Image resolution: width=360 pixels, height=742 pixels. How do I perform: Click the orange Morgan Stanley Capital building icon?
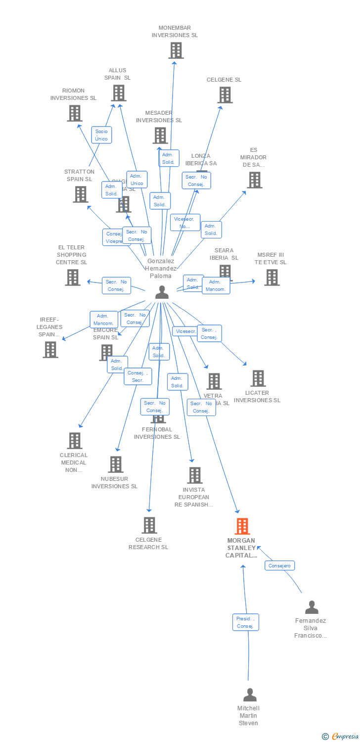coord(242,526)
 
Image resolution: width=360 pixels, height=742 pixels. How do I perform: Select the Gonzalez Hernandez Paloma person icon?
coord(162,292)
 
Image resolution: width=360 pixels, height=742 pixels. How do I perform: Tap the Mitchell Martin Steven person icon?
coord(250,695)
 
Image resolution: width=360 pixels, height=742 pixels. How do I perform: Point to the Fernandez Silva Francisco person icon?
coord(312,607)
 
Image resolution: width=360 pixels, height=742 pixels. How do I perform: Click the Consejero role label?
coord(279,565)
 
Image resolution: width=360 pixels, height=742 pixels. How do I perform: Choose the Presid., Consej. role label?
coord(246,622)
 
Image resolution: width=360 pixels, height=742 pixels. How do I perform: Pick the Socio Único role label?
coord(101,135)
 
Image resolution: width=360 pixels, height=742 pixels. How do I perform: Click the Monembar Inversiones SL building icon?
coord(176,50)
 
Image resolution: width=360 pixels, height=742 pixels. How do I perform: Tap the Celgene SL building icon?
coord(225,95)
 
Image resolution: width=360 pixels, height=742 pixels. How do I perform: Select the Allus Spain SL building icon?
coord(119,93)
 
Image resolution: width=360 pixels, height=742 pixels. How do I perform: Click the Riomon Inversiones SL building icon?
coord(74,113)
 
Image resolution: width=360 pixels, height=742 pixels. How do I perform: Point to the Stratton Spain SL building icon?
coord(81,194)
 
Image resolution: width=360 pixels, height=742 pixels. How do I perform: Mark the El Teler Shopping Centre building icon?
coord(73,278)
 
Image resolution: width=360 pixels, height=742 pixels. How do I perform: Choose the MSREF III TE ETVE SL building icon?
coord(271,278)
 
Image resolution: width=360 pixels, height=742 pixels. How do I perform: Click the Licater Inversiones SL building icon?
coord(258,378)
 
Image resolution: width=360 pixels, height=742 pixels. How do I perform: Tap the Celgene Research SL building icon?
coord(149,525)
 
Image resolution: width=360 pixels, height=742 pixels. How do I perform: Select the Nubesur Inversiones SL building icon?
coord(116,464)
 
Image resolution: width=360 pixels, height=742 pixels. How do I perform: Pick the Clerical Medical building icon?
coord(75,441)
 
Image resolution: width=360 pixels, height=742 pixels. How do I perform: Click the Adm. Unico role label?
coord(137,180)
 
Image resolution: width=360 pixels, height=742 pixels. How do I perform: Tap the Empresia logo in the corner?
coord(341,737)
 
